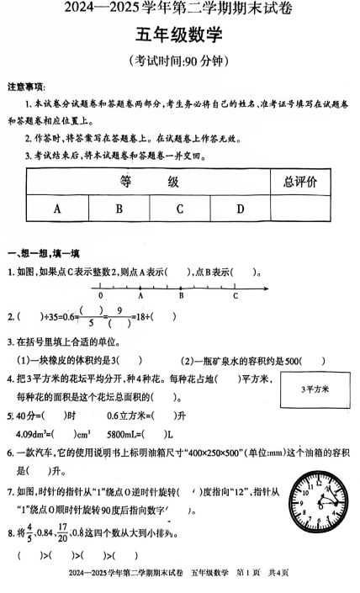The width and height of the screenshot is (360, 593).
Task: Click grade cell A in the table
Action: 57,209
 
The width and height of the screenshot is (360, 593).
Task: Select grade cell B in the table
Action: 119,209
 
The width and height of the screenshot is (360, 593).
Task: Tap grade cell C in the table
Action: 180,209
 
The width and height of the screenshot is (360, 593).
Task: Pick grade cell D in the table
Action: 241,209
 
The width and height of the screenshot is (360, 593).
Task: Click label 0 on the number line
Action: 100,296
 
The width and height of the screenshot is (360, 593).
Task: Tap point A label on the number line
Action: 140,296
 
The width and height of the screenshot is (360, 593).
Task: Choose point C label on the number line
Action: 236,296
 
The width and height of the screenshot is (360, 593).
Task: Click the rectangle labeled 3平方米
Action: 316,390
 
